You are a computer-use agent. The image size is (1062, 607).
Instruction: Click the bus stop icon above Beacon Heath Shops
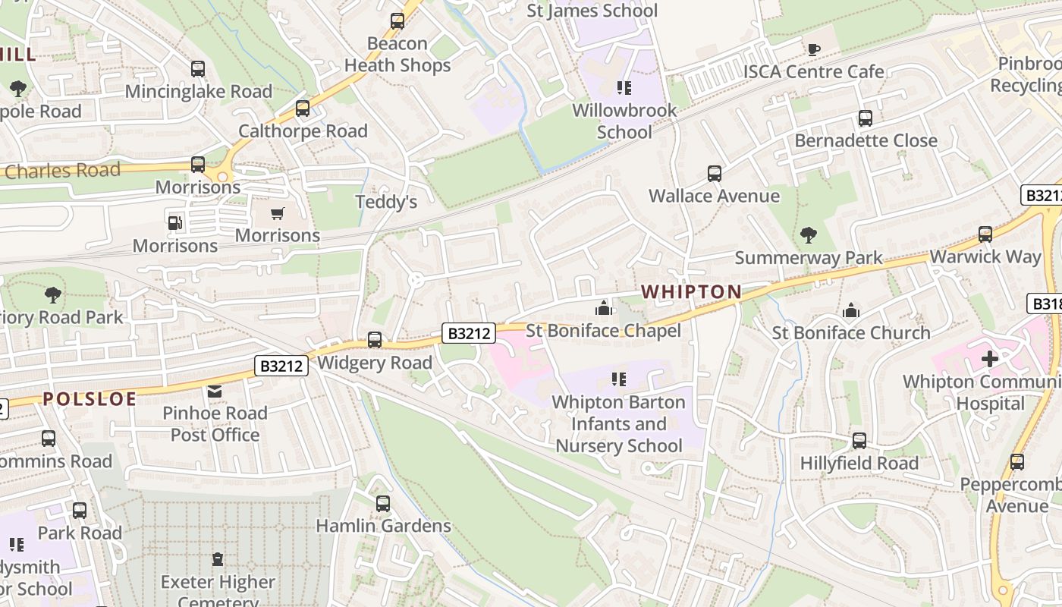click(397, 21)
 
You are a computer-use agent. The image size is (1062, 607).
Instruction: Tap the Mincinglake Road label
click(198, 92)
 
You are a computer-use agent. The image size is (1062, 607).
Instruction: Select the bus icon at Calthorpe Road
click(303, 109)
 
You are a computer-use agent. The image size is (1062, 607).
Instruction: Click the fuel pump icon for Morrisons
click(175, 223)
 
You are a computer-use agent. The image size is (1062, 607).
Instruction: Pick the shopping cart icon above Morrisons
click(277, 213)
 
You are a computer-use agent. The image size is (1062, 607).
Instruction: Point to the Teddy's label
click(387, 203)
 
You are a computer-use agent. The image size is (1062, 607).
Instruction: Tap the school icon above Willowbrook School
click(624, 88)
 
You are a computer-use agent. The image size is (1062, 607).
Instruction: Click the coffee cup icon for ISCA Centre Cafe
click(814, 49)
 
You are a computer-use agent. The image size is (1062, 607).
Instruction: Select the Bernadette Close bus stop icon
click(866, 118)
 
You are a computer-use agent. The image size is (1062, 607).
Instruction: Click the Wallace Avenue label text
click(714, 197)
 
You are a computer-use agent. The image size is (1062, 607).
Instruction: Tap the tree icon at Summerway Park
click(809, 235)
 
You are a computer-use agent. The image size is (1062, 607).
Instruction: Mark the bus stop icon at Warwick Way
click(985, 234)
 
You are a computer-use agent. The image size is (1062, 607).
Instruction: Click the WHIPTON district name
click(691, 291)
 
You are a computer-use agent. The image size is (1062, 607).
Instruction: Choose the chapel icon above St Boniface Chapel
click(604, 308)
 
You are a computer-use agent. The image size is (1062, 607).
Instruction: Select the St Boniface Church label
click(851, 333)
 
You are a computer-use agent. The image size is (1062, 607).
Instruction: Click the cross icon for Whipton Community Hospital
click(990, 358)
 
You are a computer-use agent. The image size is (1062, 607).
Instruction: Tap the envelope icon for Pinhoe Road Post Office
click(215, 391)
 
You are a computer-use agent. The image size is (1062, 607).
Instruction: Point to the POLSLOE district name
click(90, 399)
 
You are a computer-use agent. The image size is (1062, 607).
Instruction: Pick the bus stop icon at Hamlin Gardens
click(383, 503)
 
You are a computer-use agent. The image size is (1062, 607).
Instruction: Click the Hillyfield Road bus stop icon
click(859, 441)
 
